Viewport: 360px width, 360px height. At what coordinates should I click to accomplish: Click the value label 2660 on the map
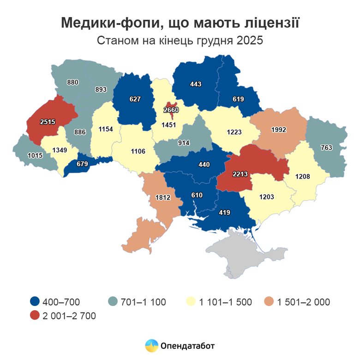tap(171, 110)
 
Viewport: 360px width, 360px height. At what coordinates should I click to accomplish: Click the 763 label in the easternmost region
tap(327, 148)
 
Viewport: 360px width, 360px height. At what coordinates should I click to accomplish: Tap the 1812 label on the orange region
tap(163, 198)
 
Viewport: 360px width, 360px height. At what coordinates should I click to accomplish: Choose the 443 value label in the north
tap(196, 84)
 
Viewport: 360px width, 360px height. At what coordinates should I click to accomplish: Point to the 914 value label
tap(184, 143)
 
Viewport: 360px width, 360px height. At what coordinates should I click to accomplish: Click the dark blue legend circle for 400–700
tap(34, 302)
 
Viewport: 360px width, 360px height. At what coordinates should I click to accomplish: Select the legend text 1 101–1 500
tap(225, 302)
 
